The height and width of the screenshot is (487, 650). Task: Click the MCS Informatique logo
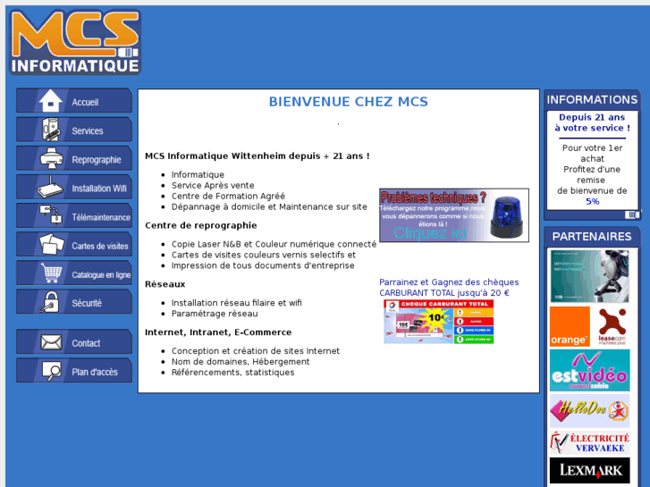pos(75,42)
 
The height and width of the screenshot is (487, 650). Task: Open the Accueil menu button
pos(74,102)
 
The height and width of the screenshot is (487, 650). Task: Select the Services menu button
pos(74,130)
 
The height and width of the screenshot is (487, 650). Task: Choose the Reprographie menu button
pos(74,159)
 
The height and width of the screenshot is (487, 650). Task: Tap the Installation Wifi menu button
pos(74,189)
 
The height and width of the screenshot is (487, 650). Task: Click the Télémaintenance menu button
pos(74,217)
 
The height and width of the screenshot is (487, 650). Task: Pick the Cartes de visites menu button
pos(74,246)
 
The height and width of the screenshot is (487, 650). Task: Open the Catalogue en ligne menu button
pos(74,274)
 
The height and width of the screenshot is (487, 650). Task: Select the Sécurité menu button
pos(74,303)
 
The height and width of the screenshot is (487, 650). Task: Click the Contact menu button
pos(74,343)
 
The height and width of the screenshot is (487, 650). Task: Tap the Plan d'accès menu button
pos(74,372)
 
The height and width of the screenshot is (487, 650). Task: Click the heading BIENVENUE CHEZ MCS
pos(348,102)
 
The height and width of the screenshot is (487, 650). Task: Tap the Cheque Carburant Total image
pos(438,322)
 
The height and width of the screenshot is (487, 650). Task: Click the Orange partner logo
pos(570,326)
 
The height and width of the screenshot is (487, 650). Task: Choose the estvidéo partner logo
pos(589,370)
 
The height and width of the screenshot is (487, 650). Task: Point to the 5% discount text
pos(592,202)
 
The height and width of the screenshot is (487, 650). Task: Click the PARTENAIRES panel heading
pos(592,237)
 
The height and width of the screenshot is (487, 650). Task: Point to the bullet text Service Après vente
pos(213,186)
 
